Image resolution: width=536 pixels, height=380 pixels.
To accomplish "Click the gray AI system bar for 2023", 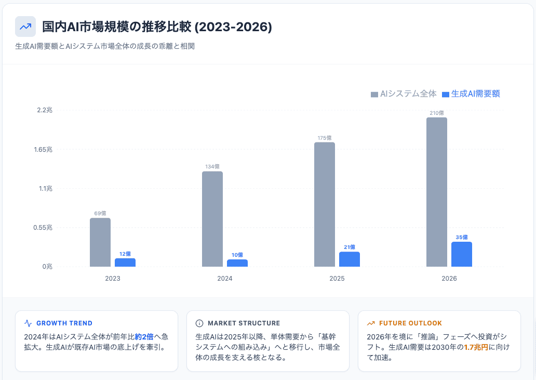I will (x=100, y=242).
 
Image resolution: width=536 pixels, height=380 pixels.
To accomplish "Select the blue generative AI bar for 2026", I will (x=462, y=254).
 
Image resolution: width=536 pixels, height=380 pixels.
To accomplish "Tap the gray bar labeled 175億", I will (x=325, y=204).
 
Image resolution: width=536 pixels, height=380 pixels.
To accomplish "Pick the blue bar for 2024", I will (x=237, y=263).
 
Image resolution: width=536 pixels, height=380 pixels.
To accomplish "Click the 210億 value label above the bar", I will (x=437, y=113).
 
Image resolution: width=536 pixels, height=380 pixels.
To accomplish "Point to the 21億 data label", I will (x=350, y=247).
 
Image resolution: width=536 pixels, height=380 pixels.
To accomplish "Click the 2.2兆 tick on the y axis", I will (x=45, y=110).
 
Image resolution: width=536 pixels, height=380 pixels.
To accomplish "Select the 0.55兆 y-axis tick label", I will (x=43, y=228).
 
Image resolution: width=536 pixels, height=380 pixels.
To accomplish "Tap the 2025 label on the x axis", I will (x=337, y=279).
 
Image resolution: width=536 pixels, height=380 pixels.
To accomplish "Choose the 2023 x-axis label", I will (x=113, y=279).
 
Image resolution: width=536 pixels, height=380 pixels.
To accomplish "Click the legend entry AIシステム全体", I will (x=404, y=94).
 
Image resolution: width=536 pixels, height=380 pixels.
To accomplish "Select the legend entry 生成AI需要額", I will (x=471, y=94).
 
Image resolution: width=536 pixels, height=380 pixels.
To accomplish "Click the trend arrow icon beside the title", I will (x=25, y=27).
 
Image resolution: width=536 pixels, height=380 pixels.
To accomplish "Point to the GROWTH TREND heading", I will (x=64, y=323).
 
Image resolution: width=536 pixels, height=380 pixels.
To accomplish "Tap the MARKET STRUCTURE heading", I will (x=244, y=323).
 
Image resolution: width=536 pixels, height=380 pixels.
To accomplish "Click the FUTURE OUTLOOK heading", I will (x=410, y=323).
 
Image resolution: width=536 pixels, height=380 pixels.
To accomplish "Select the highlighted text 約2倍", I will (x=144, y=337).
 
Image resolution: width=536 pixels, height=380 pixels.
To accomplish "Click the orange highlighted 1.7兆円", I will (x=476, y=347).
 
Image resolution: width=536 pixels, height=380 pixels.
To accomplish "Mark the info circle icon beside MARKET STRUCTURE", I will (x=199, y=323).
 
